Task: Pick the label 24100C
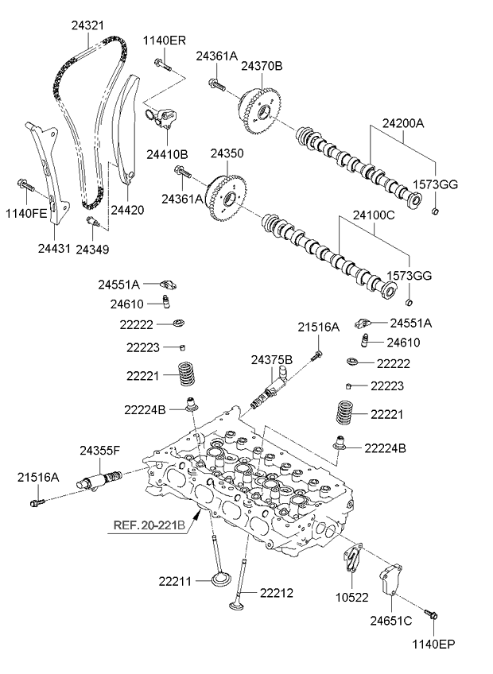coord(373,215)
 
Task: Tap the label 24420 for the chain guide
coord(127,210)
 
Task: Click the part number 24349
coord(93,250)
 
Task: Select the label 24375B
coord(271,360)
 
